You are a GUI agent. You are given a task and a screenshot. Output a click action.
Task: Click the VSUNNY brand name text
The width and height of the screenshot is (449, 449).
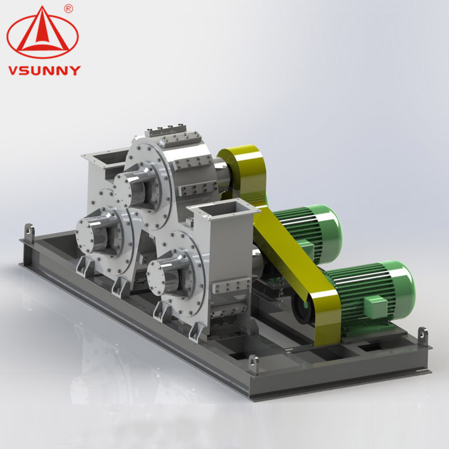[x=44, y=71]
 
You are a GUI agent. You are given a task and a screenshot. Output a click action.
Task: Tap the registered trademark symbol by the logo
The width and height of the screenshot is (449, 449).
[x=68, y=8]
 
